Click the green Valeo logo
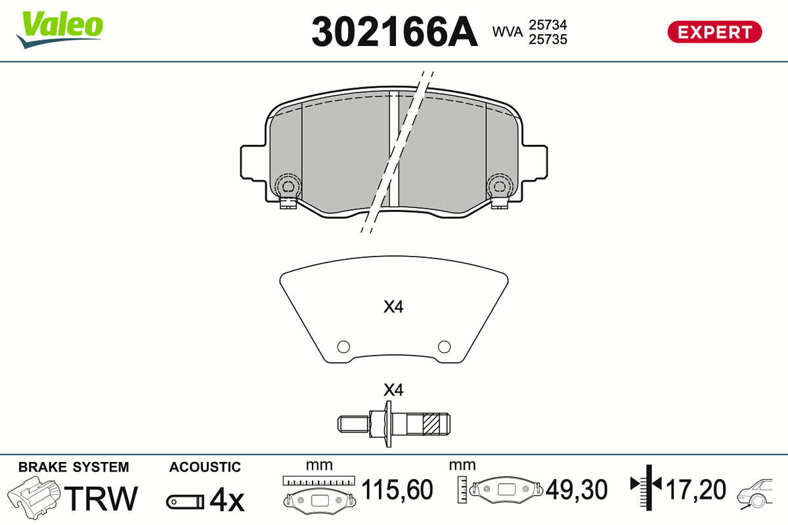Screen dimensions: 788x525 click(60, 30)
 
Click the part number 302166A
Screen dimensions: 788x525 click(395, 32)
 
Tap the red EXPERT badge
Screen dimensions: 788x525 click(714, 32)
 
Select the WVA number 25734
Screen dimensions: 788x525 click(548, 25)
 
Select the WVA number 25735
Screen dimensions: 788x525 click(548, 39)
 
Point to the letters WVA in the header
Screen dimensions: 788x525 click(507, 32)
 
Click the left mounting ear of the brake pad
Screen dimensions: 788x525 click(253, 163)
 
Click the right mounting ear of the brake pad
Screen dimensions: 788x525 click(535, 163)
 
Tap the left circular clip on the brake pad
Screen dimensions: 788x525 click(288, 186)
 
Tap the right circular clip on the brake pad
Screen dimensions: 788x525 click(500, 186)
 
